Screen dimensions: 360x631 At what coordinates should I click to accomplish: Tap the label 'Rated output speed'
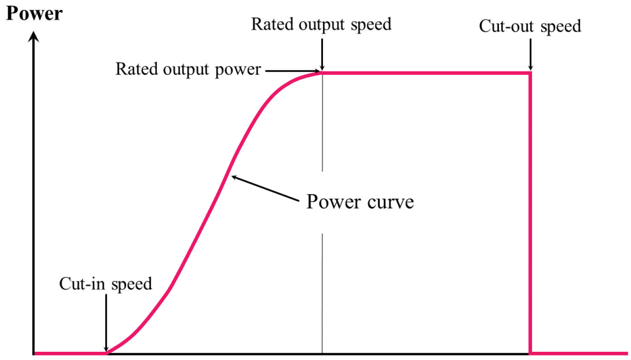tap(321, 24)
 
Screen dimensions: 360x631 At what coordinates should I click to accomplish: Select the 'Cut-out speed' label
tap(530, 26)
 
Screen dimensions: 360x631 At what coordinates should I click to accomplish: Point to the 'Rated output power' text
tap(188, 69)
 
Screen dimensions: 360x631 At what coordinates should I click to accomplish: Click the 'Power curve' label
tap(360, 201)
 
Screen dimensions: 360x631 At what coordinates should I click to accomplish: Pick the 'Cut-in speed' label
tap(105, 284)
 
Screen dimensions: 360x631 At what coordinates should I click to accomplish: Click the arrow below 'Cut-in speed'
tap(106, 322)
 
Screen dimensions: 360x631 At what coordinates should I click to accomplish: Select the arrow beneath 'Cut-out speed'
tap(530, 54)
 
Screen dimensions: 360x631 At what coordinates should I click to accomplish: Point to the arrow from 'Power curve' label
tap(263, 188)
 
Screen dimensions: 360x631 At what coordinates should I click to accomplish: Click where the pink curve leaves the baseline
tap(107, 352)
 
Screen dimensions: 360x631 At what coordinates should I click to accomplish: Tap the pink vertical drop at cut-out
tap(530, 213)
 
